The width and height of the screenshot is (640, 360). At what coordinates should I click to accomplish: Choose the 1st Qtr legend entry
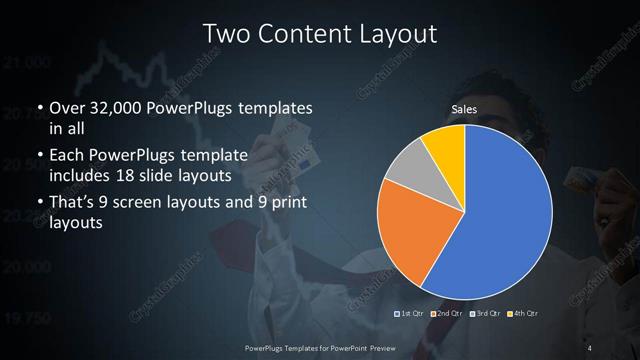413,314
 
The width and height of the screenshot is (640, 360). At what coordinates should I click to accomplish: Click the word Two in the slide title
225,33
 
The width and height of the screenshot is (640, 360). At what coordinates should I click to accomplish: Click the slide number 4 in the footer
591,347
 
